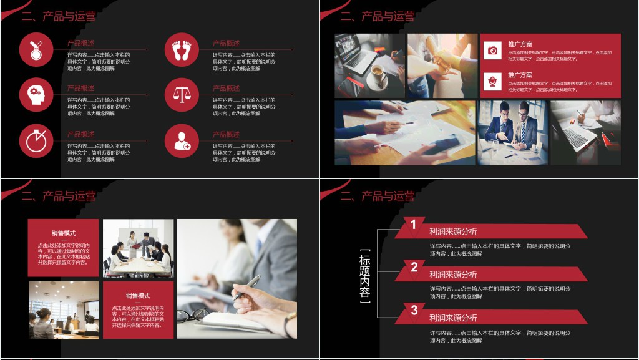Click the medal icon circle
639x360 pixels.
36,49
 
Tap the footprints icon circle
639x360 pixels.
182,49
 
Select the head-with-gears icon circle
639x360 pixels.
36,95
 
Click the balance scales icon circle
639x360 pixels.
182,95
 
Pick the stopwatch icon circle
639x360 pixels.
36,141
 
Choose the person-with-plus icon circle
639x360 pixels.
182,141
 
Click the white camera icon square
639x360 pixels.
492,50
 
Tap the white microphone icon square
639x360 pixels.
492,81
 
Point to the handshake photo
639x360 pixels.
442,65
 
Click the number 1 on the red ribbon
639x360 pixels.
414,225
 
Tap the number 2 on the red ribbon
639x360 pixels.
414,268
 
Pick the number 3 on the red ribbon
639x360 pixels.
414,310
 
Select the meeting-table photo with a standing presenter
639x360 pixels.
138,248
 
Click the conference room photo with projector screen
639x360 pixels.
63,309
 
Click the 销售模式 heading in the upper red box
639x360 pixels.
63,233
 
